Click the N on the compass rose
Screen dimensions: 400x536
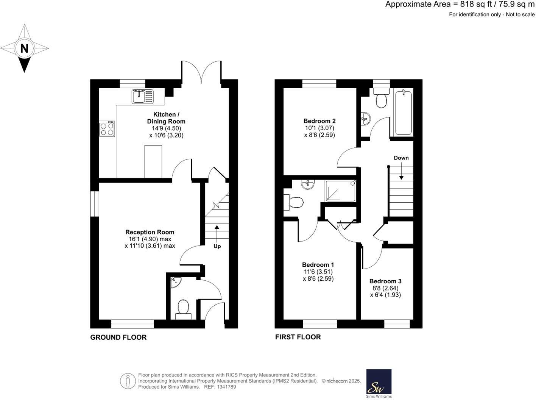click(x=24, y=48)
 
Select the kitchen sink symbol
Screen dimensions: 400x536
click(x=143, y=96)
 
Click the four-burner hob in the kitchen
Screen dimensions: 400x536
click(x=107, y=128)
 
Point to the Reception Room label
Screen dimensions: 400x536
click(x=150, y=232)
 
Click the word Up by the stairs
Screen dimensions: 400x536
click(x=217, y=246)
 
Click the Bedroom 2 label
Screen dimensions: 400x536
click(x=319, y=121)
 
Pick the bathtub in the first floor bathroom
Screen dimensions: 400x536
click(x=403, y=112)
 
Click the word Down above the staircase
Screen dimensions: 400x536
click(x=401, y=158)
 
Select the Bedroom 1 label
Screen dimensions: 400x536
click(x=318, y=265)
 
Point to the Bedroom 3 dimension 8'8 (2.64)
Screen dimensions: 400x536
click(x=385, y=288)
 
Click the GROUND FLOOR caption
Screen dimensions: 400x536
click(x=118, y=337)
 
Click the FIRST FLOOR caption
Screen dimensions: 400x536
click(x=298, y=337)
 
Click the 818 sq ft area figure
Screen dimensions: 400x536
click(x=476, y=5)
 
